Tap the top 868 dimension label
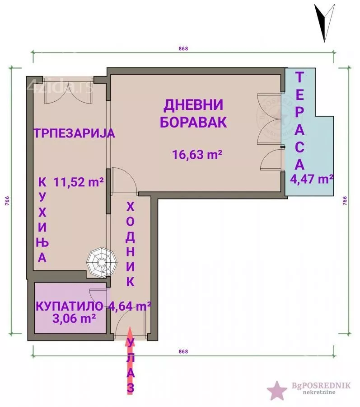(183, 49)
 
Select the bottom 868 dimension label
(183, 351)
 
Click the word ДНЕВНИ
(193, 105)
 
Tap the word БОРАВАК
(193, 123)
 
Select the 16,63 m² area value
(197, 155)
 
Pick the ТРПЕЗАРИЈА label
(75, 133)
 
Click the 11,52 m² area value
(79, 182)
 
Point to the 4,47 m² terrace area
(312, 179)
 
